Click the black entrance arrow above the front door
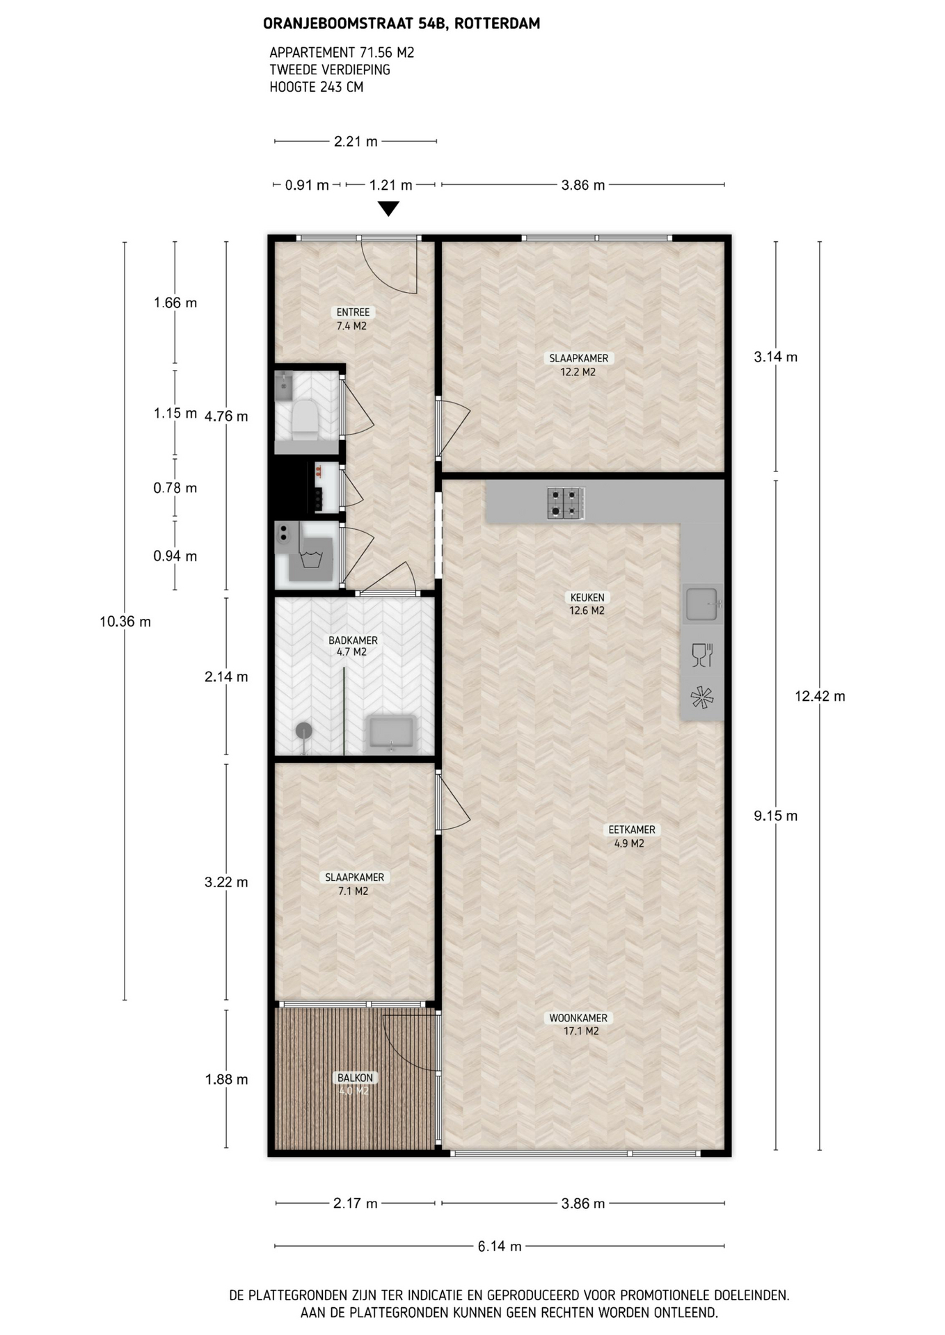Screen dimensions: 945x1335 point(388,209)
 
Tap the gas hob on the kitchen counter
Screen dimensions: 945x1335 point(565,503)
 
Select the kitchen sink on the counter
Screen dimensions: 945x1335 point(701,604)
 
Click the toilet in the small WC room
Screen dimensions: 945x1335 point(305,419)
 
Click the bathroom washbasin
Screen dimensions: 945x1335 point(392,734)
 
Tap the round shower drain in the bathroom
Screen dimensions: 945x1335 point(304,730)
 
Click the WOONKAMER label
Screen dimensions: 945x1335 point(578,1018)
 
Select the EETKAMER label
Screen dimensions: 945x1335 point(632,830)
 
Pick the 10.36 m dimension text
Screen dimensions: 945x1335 point(125,622)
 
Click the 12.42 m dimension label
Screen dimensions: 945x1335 point(820,696)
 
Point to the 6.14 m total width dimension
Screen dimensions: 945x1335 point(500,1246)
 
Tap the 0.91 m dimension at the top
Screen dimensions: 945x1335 point(307,185)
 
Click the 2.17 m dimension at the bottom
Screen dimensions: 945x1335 point(356,1203)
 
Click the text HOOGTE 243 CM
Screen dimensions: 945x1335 point(317,87)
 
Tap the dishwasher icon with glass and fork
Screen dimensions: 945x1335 point(702,655)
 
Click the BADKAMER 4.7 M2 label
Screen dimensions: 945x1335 point(353,646)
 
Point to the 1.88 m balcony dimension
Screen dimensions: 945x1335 point(226,1079)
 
